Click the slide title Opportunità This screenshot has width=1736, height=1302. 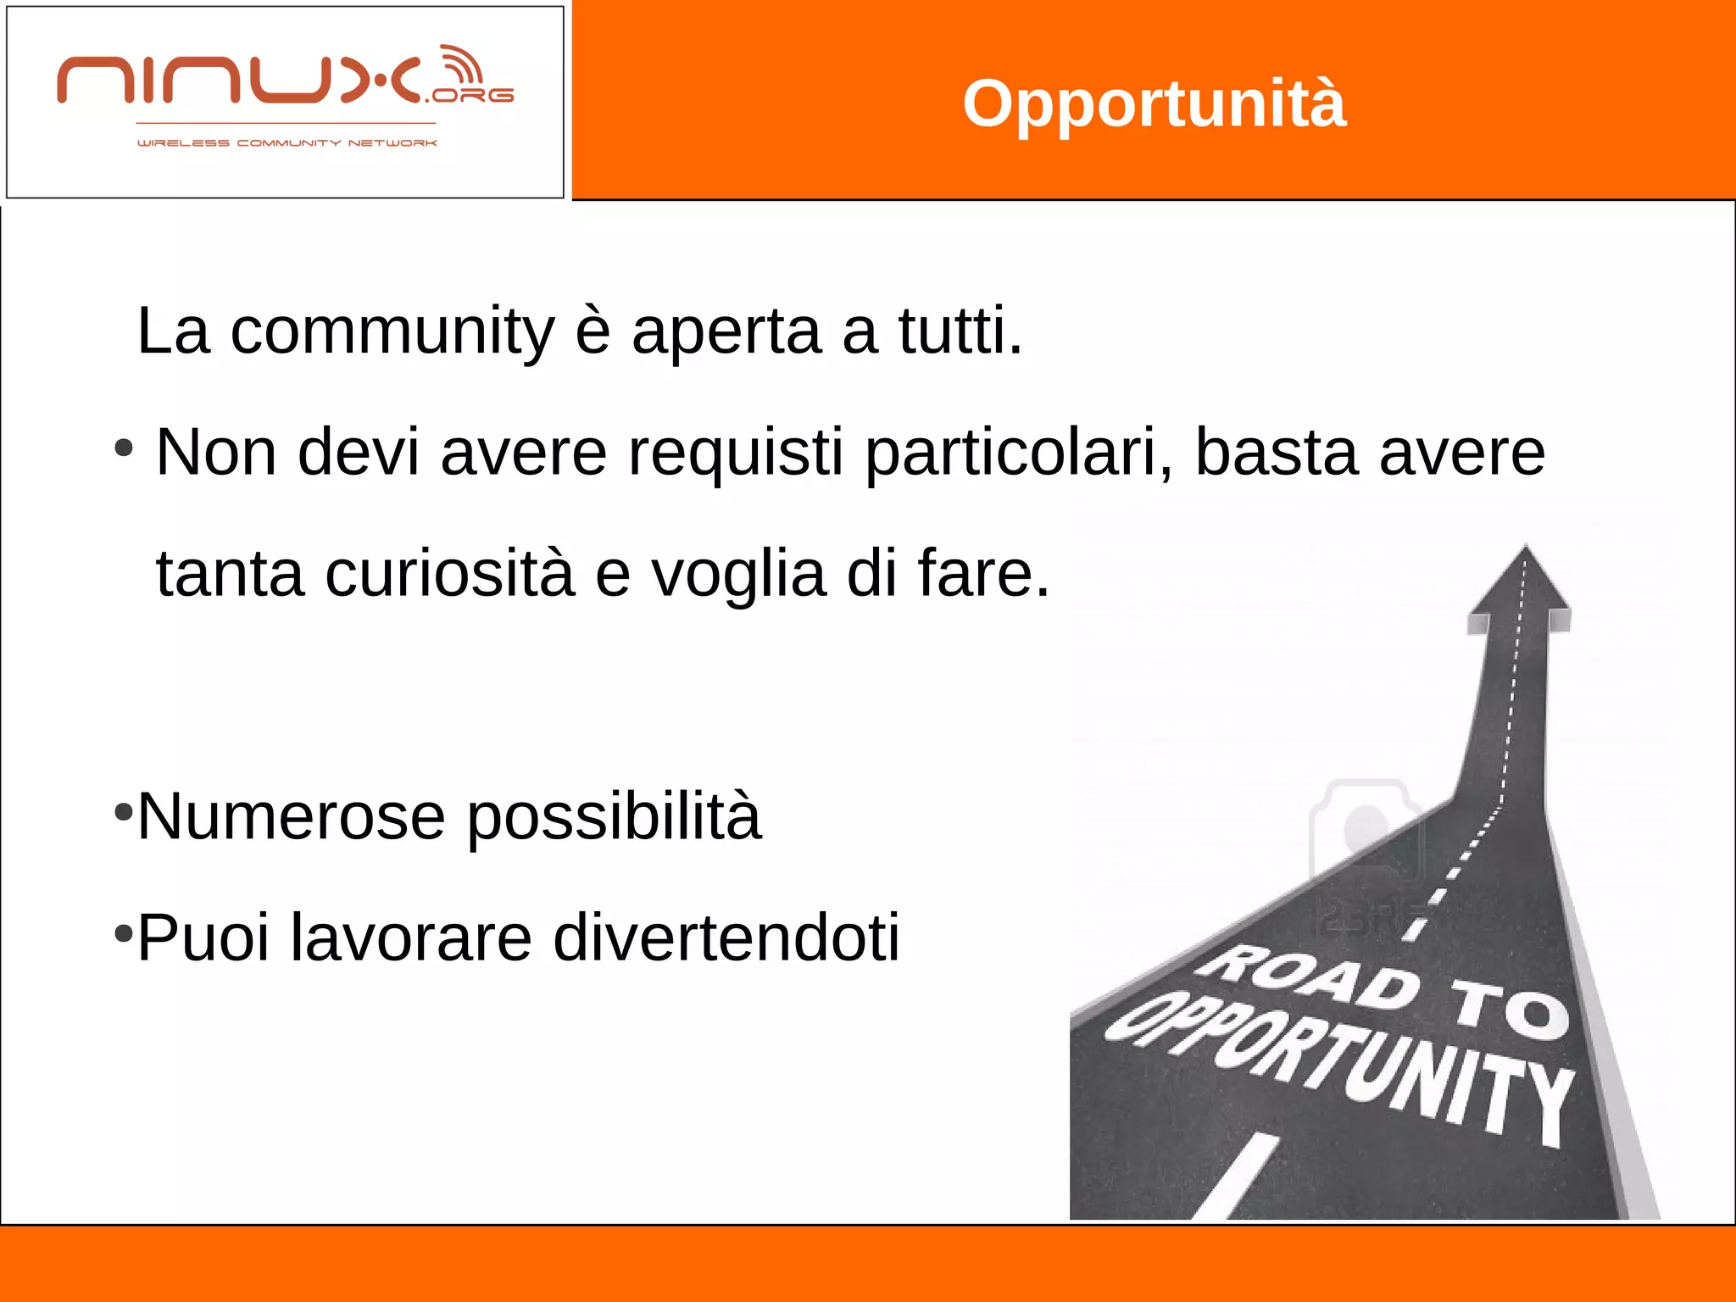[1154, 103]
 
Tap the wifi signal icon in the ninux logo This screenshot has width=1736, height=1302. [460, 65]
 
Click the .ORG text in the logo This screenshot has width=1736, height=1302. [471, 96]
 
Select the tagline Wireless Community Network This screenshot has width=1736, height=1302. [287, 143]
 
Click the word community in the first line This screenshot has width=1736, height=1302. [392, 331]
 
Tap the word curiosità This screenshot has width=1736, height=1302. [449, 573]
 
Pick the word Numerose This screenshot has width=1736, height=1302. [291, 815]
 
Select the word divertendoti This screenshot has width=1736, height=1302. [726, 938]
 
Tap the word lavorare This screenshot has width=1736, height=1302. [410, 938]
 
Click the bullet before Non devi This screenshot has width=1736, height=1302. [124, 448]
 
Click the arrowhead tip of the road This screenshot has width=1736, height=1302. [1525, 551]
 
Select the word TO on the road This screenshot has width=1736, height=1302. [1509, 1009]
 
